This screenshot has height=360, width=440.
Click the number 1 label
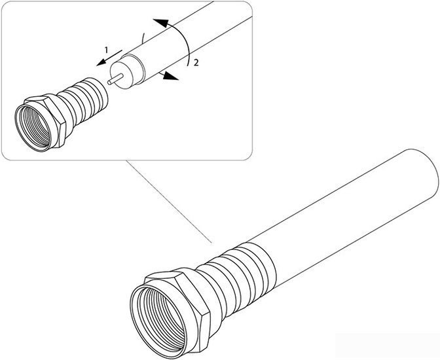point(106,50)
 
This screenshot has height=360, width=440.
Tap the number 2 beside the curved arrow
point(196,63)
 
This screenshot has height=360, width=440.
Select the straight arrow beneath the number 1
point(109,58)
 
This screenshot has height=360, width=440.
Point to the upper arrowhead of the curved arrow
point(160,22)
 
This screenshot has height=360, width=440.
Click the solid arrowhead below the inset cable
point(171,76)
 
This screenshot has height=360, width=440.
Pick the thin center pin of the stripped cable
point(115,79)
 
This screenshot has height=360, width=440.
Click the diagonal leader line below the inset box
point(169,202)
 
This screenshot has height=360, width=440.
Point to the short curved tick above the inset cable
point(143,37)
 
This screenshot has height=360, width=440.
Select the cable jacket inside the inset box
point(191,42)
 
